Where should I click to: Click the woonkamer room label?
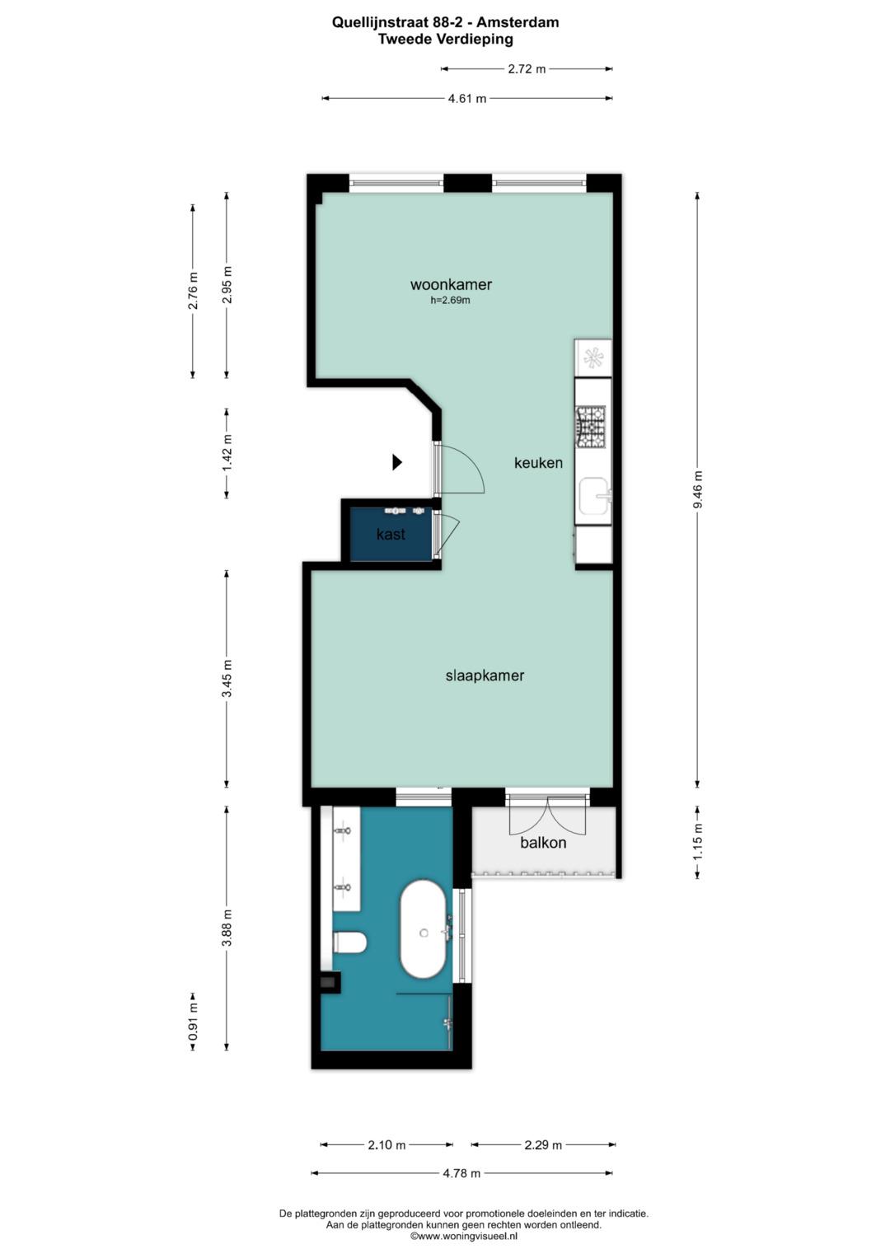(x=451, y=284)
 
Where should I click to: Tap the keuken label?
(x=538, y=463)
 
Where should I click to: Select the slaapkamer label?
(x=485, y=676)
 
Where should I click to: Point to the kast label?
(x=391, y=534)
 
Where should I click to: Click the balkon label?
(x=543, y=843)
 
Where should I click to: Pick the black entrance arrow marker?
(x=397, y=462)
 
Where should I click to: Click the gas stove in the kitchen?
(x=590, y=427)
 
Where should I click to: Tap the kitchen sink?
(x=594, y=496)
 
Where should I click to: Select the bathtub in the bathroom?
(x=424, y=929)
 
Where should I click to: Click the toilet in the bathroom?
(x=350, y=942)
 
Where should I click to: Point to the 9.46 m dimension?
(x=698, y=489)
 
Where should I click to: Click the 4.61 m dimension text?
(x=467, y=99)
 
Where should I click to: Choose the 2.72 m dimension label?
(x=527, y=69)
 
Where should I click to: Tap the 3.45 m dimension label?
(x=227, y=679)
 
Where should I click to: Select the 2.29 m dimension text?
(x=543, y=1144)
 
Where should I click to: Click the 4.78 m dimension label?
(x=461, y=1173)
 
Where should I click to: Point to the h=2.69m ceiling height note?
(x=450, y=301)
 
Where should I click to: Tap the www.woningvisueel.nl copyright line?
(x=464, y=1236)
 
